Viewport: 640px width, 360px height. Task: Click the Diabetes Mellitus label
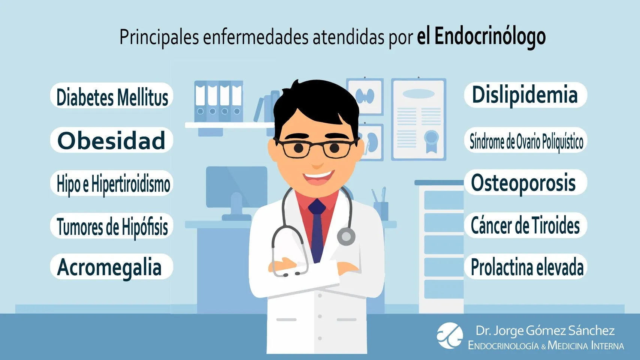click(112, 96)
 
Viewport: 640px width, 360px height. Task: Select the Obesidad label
click(112, 140)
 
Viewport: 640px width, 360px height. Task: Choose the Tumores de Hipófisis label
click(112, 226)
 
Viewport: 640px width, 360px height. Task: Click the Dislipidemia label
click(525, 95)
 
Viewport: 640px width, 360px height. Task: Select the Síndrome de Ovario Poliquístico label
click(526, 141)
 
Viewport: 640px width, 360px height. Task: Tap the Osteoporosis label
click(524, 183)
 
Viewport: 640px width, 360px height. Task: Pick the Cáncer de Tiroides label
click(525, 225)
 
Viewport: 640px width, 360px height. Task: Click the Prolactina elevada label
click(526, 267)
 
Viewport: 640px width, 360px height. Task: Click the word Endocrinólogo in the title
click(490, 37)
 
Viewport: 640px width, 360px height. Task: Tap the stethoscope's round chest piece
click(345, 237)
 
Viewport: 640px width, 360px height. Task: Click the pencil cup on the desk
click(381, 211)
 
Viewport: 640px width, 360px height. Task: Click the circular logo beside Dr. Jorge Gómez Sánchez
click(450, 335)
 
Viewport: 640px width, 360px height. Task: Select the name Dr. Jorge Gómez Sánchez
click(545, 330)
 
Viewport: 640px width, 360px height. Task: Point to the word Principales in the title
click(159, 37)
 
